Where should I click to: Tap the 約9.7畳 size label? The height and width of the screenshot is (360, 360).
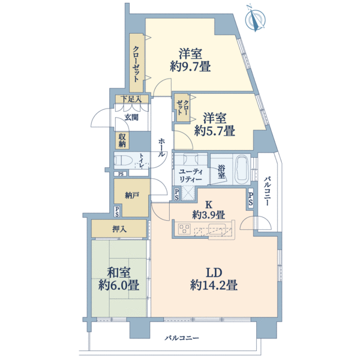[x=190, y=67]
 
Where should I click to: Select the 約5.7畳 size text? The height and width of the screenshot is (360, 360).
[x=214, y=131]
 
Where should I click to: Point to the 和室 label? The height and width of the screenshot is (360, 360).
[x=119, y=273]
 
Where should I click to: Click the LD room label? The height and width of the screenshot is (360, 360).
[x=214, y=273]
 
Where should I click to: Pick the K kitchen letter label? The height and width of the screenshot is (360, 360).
[x=208, y=205]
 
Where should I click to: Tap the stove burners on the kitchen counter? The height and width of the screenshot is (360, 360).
[x=184, y=229]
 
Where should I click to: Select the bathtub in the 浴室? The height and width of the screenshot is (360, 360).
[x=242, y=168]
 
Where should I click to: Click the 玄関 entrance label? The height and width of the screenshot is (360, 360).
[x=131, y=118]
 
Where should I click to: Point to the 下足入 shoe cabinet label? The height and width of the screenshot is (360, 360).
[x=131, y=99]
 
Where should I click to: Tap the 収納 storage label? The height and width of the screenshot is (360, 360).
[x=122, y=140]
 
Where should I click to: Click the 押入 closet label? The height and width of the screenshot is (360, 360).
[x=119, y=229]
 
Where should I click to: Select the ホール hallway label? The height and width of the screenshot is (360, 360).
[x=161, y=148]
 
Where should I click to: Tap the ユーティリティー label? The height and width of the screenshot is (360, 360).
[x=191, y=175]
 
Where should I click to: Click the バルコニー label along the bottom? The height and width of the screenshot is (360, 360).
[x=182, y=338]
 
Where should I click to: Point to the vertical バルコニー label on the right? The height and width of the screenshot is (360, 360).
[x=267, y=191]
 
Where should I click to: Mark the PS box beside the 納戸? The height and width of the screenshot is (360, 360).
[x=117, y=211]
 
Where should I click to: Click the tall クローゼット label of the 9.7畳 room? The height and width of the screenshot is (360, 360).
[x=136, y=64]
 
